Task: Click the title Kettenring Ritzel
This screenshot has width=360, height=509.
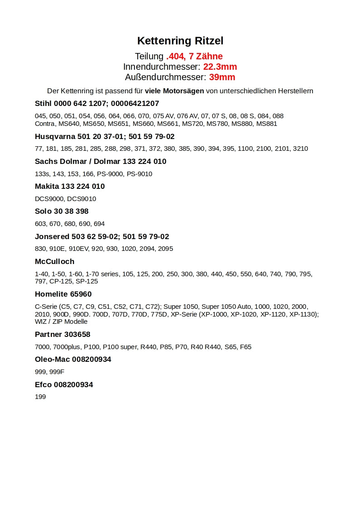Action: [180, 41]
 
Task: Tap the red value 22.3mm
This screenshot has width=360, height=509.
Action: [220, 67]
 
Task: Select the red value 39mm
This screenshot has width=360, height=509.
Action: [222, 77]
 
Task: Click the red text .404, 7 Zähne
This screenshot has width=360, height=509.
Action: [194, 56]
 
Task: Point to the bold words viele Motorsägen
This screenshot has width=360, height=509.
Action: [174, 91]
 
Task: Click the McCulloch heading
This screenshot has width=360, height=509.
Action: [54, 261]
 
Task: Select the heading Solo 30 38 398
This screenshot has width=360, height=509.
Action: [62, 211]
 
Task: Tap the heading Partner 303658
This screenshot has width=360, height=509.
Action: [62, 334]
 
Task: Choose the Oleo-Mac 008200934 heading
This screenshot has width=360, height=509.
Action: [73, 359]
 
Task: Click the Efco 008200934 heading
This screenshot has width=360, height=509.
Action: [64, 384]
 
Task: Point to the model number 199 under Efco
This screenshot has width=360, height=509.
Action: [40, 397]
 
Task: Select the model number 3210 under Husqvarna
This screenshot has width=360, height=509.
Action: [300, 149]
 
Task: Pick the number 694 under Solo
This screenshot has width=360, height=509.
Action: [99, 224]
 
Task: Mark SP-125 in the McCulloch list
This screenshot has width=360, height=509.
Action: [86, 281]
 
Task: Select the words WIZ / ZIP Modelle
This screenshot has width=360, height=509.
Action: [61, 322]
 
